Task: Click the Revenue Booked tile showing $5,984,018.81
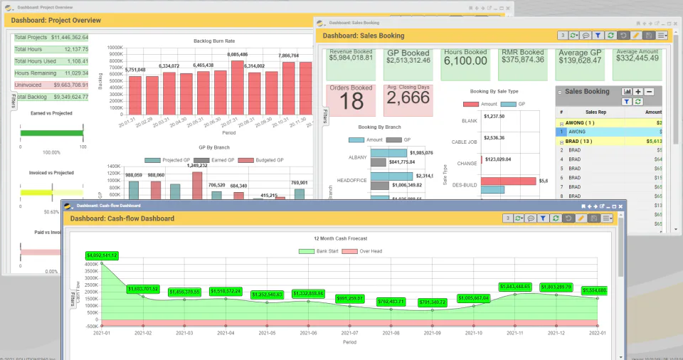(351, 64)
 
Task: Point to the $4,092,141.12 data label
(102, 255)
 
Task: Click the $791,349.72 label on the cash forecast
(433, 302)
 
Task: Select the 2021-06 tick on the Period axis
(308, 332)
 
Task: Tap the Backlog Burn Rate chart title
(213, 41)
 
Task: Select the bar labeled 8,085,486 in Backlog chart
(237, 85)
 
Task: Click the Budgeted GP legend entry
(260, 160)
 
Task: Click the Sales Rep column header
(595, 112)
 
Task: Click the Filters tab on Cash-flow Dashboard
(73, 294)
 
